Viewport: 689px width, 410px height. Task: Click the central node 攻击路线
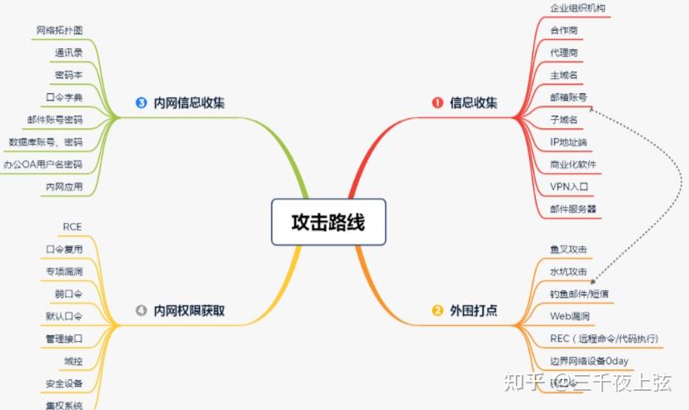coord(328,223)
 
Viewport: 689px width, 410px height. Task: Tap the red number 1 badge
coord(437,103)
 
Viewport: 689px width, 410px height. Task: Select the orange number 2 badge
coord(437,311)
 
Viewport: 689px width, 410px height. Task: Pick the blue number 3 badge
coord(140,103)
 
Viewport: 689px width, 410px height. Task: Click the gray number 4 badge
coord(140,311)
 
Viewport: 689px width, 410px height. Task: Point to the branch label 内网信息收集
coord(189,103)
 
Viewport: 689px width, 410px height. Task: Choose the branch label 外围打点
coord(473,311)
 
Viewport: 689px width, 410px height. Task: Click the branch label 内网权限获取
coord(189,311)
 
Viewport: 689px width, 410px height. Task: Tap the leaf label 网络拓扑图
coord(59,30)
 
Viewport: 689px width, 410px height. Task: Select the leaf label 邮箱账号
coord(569,96)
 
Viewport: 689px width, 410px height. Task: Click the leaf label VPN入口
coord(569,186)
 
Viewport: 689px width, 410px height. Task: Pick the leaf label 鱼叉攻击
coord(569,249)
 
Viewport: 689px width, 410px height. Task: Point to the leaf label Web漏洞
coord(570,316)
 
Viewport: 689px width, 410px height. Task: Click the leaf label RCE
coord(72,226)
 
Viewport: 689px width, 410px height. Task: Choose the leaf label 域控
coord(72,361)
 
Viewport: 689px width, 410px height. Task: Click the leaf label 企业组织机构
coord(578,7)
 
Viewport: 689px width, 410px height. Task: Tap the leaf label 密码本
coord(68,75)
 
